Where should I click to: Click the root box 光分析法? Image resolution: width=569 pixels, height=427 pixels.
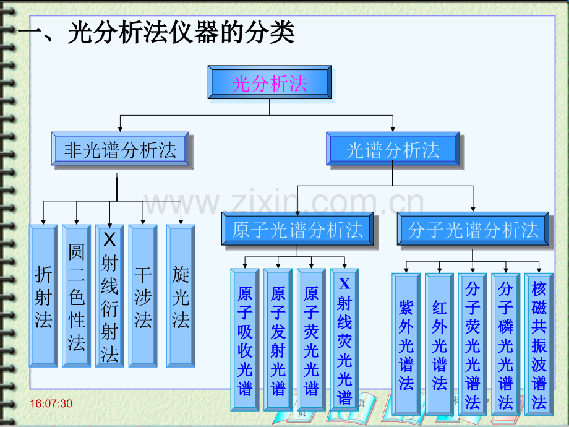pyautogui.click(x=270, y=83)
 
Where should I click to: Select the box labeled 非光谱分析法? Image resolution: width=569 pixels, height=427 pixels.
pyautogui.click(x=121, y=150)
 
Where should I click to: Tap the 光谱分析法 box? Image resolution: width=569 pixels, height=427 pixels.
pyautogui.click(x=393, y=150)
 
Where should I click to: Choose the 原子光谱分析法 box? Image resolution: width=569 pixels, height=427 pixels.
pyautogui.click(x=297, y=230)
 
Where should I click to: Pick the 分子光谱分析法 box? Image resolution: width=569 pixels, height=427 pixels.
pyautogui.click(x=473, y=230)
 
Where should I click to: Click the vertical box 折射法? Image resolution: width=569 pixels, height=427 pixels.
pyautogui.click(x=43, y=296)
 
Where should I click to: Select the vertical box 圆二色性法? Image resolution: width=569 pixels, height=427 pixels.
pyautogui.click(x=77, y=296)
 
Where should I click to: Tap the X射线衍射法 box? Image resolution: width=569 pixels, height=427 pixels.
pyautogui.click(x=110, y=296)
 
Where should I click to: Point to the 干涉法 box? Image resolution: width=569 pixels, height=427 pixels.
pyautogui.click(x=143, y=296)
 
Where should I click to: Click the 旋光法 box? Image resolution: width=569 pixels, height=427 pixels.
pyautogui.click(x=181, y=296)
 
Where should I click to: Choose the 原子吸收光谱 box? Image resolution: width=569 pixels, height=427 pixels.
pyautogui.click(x=245, y=339)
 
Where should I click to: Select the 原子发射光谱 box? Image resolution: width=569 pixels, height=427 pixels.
pyautogui.click(x=278, y=339)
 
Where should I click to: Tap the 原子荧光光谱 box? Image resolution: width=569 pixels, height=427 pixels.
pyautogui.click(x=312, y=339)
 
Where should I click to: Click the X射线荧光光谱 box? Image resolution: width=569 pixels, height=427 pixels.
pyautogui.click(x=344, y=339)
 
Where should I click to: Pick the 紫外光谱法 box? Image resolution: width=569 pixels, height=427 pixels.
pyautogui.click(x=406, y=343)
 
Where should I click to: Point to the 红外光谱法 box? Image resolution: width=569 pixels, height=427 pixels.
pyautogui.click(x=440, y=343)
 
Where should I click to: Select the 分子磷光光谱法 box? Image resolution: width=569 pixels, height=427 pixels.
pyautogui.click(x=506, y=343)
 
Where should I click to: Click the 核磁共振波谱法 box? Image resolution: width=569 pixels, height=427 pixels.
pyautogui.click(x=539, y=343)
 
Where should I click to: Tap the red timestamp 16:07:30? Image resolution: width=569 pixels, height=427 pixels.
pyautogui.click(x=51, y=404)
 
